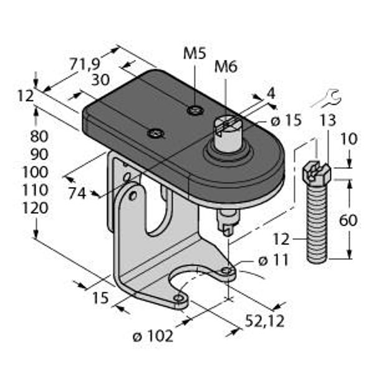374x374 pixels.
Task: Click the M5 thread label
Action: coord(194,54)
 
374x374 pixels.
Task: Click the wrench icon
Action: coord(327,97)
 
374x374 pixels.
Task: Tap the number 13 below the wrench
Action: coord(328,120)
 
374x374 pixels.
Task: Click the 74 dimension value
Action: coord(77,193)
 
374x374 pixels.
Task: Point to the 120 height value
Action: coord(34,208)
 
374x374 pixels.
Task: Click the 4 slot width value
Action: coord(271,93)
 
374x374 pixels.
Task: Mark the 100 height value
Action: coord(34,172)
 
